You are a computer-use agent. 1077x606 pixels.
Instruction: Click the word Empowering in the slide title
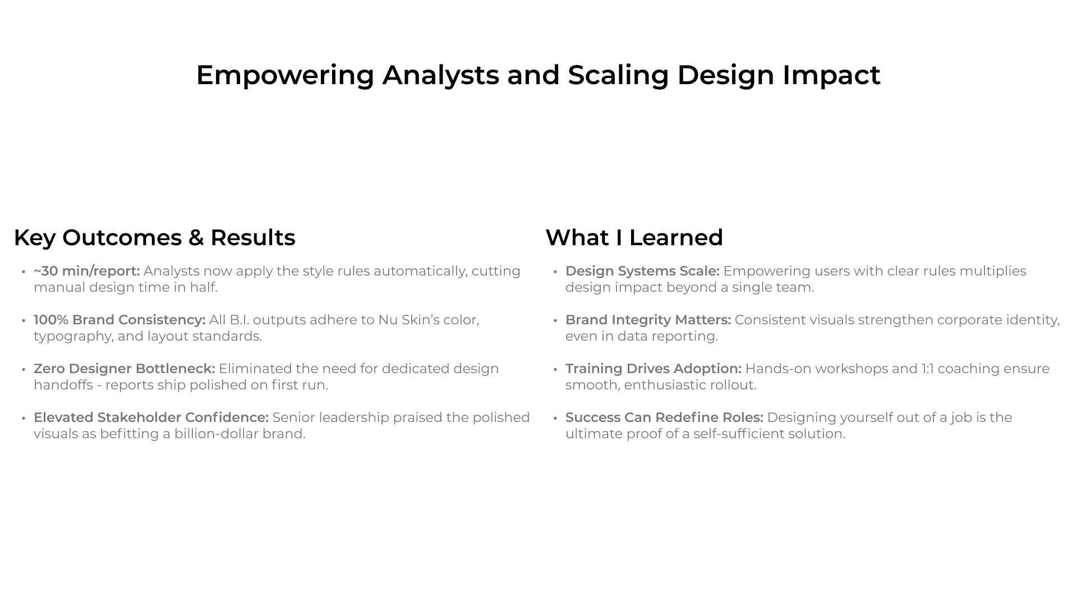pyautogui.click(x=285, y=76)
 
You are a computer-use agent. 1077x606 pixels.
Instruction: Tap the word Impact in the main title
pyautogui.click(x=831, y=76)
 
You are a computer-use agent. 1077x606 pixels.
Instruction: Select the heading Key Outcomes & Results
pyautogui.click(x=154, y=237)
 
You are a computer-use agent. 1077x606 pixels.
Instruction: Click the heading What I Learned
pyautogui.click(x=634, y=237)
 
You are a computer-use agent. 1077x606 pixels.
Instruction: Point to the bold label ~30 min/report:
pyautogui.click(x=87, y=271)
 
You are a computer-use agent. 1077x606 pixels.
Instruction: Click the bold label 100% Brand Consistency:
pyautogui.click(x=119, y=320)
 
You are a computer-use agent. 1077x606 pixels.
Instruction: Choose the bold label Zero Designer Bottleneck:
pyautogui.click(x=125, y=369)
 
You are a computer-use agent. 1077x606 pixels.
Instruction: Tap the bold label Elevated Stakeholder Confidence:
pyautogui.click(x=151, y=417)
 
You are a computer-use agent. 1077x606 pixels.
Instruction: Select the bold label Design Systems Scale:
pyautogui.click(x=642, y=271)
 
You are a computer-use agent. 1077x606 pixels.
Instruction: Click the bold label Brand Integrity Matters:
pyautogui.click(x=648, y=320)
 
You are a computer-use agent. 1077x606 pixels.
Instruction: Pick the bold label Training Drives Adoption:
pyautogui.click(x=653, y=369)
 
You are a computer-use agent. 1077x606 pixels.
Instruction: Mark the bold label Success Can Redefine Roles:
pyautogui.click(x=664, y=417)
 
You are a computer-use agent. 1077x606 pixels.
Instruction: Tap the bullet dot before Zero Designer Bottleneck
pyautogui.click(x=24, y=369)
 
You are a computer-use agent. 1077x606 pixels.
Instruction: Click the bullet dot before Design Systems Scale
pyautogui.click(x=555, y=272)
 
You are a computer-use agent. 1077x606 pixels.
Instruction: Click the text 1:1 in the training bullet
pyautogui.click(x=927, y=369)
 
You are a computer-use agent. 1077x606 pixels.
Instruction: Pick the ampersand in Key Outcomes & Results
pyautogui.click(x=196, y=237)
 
